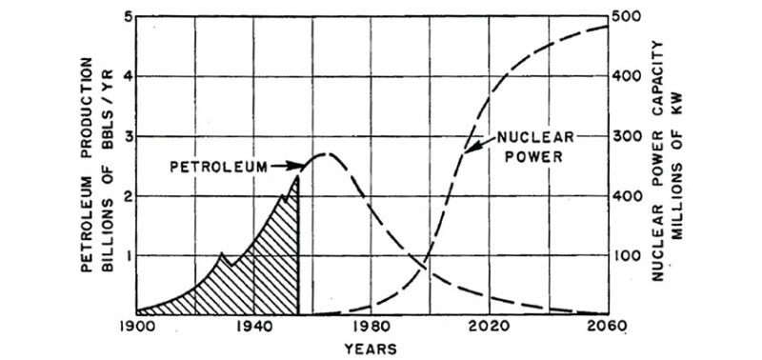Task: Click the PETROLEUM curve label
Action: (217, 167)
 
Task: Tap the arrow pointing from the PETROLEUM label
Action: (286, 167)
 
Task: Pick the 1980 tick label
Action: (372, 326)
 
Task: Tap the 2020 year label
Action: (491, 326)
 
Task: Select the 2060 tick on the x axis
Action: (608, 326)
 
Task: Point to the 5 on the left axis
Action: (127, 17)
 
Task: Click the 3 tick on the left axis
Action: (127, 136)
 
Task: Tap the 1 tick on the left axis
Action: (127, 255)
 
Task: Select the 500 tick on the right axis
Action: (630, 17)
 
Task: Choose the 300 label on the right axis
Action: (630, 136)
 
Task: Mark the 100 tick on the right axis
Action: (630, 255)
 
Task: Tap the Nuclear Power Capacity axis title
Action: (669, 164)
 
